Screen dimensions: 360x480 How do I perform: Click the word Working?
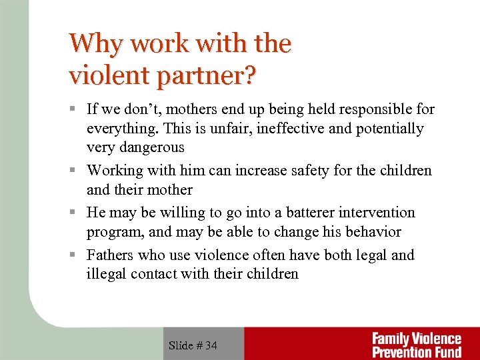click(x=116, y=171)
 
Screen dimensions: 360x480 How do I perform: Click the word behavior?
click(x=367, y=232)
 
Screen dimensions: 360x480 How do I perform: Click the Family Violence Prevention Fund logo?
click(x=416, y=345)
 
